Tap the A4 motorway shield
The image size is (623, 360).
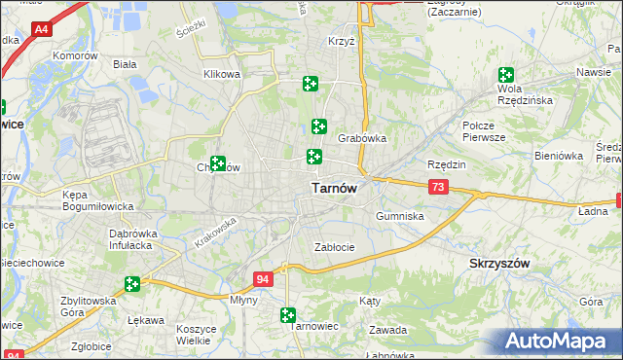click(41, 30)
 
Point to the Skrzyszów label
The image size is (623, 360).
click(499, 264)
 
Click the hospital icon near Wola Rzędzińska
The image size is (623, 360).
click(506, 75)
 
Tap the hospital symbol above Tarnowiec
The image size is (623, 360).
click(287, 314)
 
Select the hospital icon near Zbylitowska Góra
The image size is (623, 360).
click(131, 284)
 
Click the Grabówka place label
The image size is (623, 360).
click(362, 138)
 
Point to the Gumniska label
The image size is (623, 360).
click(399, 216)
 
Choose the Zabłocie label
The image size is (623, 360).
click(334, 247)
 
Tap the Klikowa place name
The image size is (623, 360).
click(222, 74)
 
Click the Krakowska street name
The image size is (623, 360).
click(215, 233)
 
